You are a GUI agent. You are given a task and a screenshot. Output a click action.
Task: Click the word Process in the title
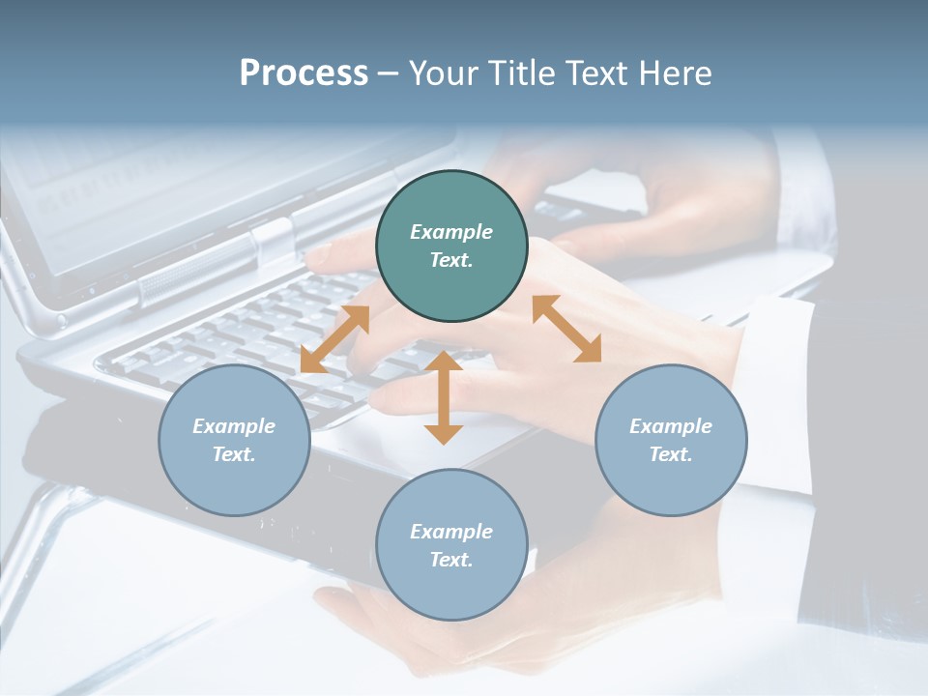click(x=304, y=73)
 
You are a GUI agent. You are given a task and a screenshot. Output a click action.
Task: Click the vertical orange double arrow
click(x=444, y=397)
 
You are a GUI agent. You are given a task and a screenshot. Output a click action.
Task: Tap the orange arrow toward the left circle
click(x=334, y=339)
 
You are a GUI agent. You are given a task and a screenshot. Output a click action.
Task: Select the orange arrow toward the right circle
click(x=566, y=329)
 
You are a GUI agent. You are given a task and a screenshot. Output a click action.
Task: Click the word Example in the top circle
click(x=451, y=232)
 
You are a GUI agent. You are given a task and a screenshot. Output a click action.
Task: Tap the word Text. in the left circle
click(x=234, y=454)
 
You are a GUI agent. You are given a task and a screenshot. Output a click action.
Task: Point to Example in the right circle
click(x=671, y=426)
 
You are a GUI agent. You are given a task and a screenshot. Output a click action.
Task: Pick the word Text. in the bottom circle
click(x=451, y=560)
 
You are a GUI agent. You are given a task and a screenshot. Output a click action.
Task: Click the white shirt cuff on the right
click(x=778, y=387)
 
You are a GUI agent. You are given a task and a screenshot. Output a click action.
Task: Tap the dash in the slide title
click(x=388, y=73)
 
